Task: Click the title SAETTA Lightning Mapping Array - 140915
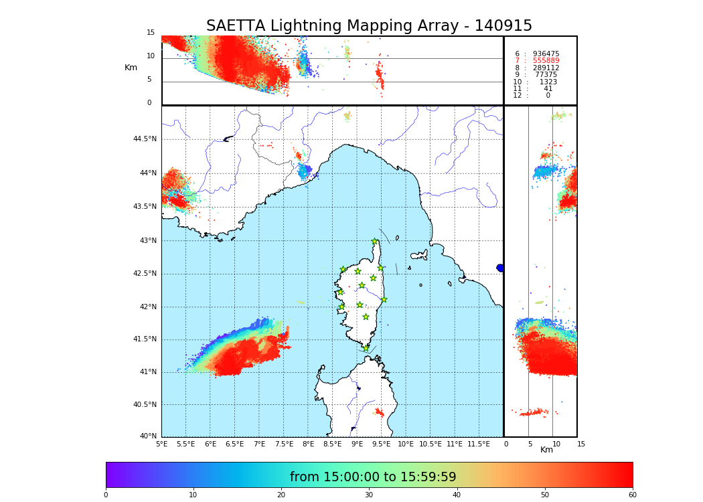click(x=369, y=26)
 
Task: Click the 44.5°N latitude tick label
click(x=144, y=139)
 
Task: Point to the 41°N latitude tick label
click(x=147, y=372)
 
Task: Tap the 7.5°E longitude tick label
click(x=284, y=444)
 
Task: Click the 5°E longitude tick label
click(x=161, y=444)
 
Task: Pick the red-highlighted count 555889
click(x=546, y=61)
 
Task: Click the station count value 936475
click(x=546, y=54)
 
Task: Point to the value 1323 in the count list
click(x=548, y=82)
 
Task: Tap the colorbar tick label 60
click(x=632, y=495)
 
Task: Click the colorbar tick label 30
click(x=369, y=495)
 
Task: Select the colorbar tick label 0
click(x=106, y=495)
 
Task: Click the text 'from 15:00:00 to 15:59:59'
click(x=372, y=477)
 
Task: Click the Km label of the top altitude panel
click(x=131, y=68)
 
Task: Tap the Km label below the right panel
click(x=546, y=450)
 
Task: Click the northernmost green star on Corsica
click(x=375, y=242)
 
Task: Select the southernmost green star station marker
click(x=366, y=348)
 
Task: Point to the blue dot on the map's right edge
click(x=500, y=268)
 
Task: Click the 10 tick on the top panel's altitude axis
click(x=151, y=56)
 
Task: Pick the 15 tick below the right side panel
click(x=580, y=444)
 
